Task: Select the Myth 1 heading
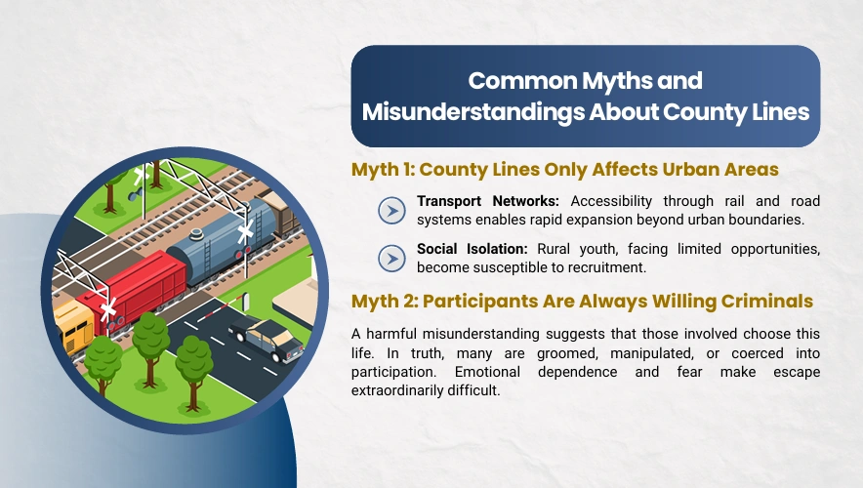(x=565, y=170)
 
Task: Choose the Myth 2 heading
(x=582, y=302)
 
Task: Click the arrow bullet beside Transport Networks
(x=391, y=211)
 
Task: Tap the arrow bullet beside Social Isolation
(x=391, y=259)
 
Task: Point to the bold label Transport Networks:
(x=488, y=201)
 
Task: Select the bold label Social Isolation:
(x=473, y=249)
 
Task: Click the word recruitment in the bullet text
(x=606, y=268)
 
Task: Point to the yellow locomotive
(x=74, y=325)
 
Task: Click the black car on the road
(x=267, y=339)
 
